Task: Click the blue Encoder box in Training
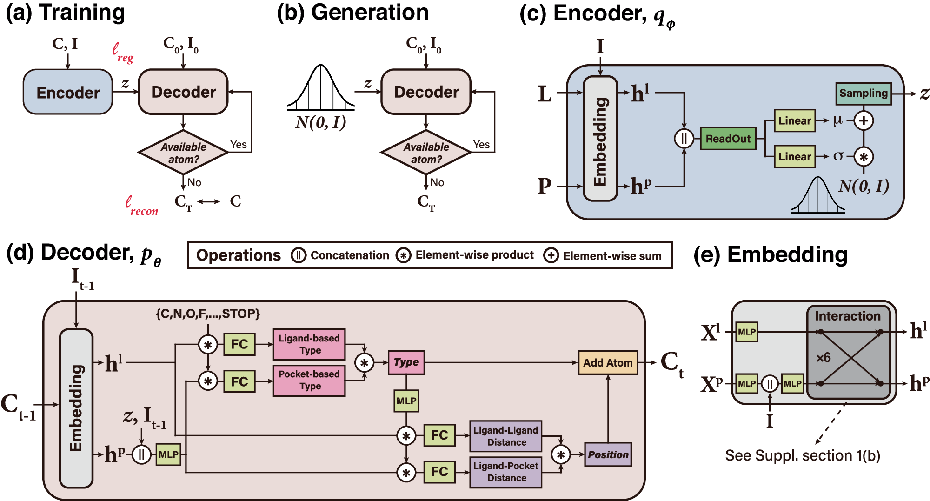(x=68, y=92)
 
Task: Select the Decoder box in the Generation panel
(x=426, y=92)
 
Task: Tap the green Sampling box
(x=863, y=94)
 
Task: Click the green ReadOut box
(x=728, y=139)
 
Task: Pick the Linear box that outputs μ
(x=794, y=121)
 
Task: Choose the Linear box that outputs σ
(x=794, y=157)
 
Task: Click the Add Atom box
(x=608, y=363)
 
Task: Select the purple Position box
(x=608, y=454)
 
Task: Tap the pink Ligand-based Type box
(x=309, y=344)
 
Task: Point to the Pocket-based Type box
(x=309, y=380)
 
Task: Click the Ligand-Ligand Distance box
(x=506, y=436)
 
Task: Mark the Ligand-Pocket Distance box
(x=506, y=472)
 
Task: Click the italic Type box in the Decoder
(x=406, y=362)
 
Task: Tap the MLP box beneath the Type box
(x=406, y=401)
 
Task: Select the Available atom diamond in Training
(x=183, y=153)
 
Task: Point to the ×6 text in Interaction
(x=823, y=358)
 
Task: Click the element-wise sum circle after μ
(x=864, y=121)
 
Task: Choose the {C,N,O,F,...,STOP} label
(x=208, y=314)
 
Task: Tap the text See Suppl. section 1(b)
(x=803, y=455)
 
